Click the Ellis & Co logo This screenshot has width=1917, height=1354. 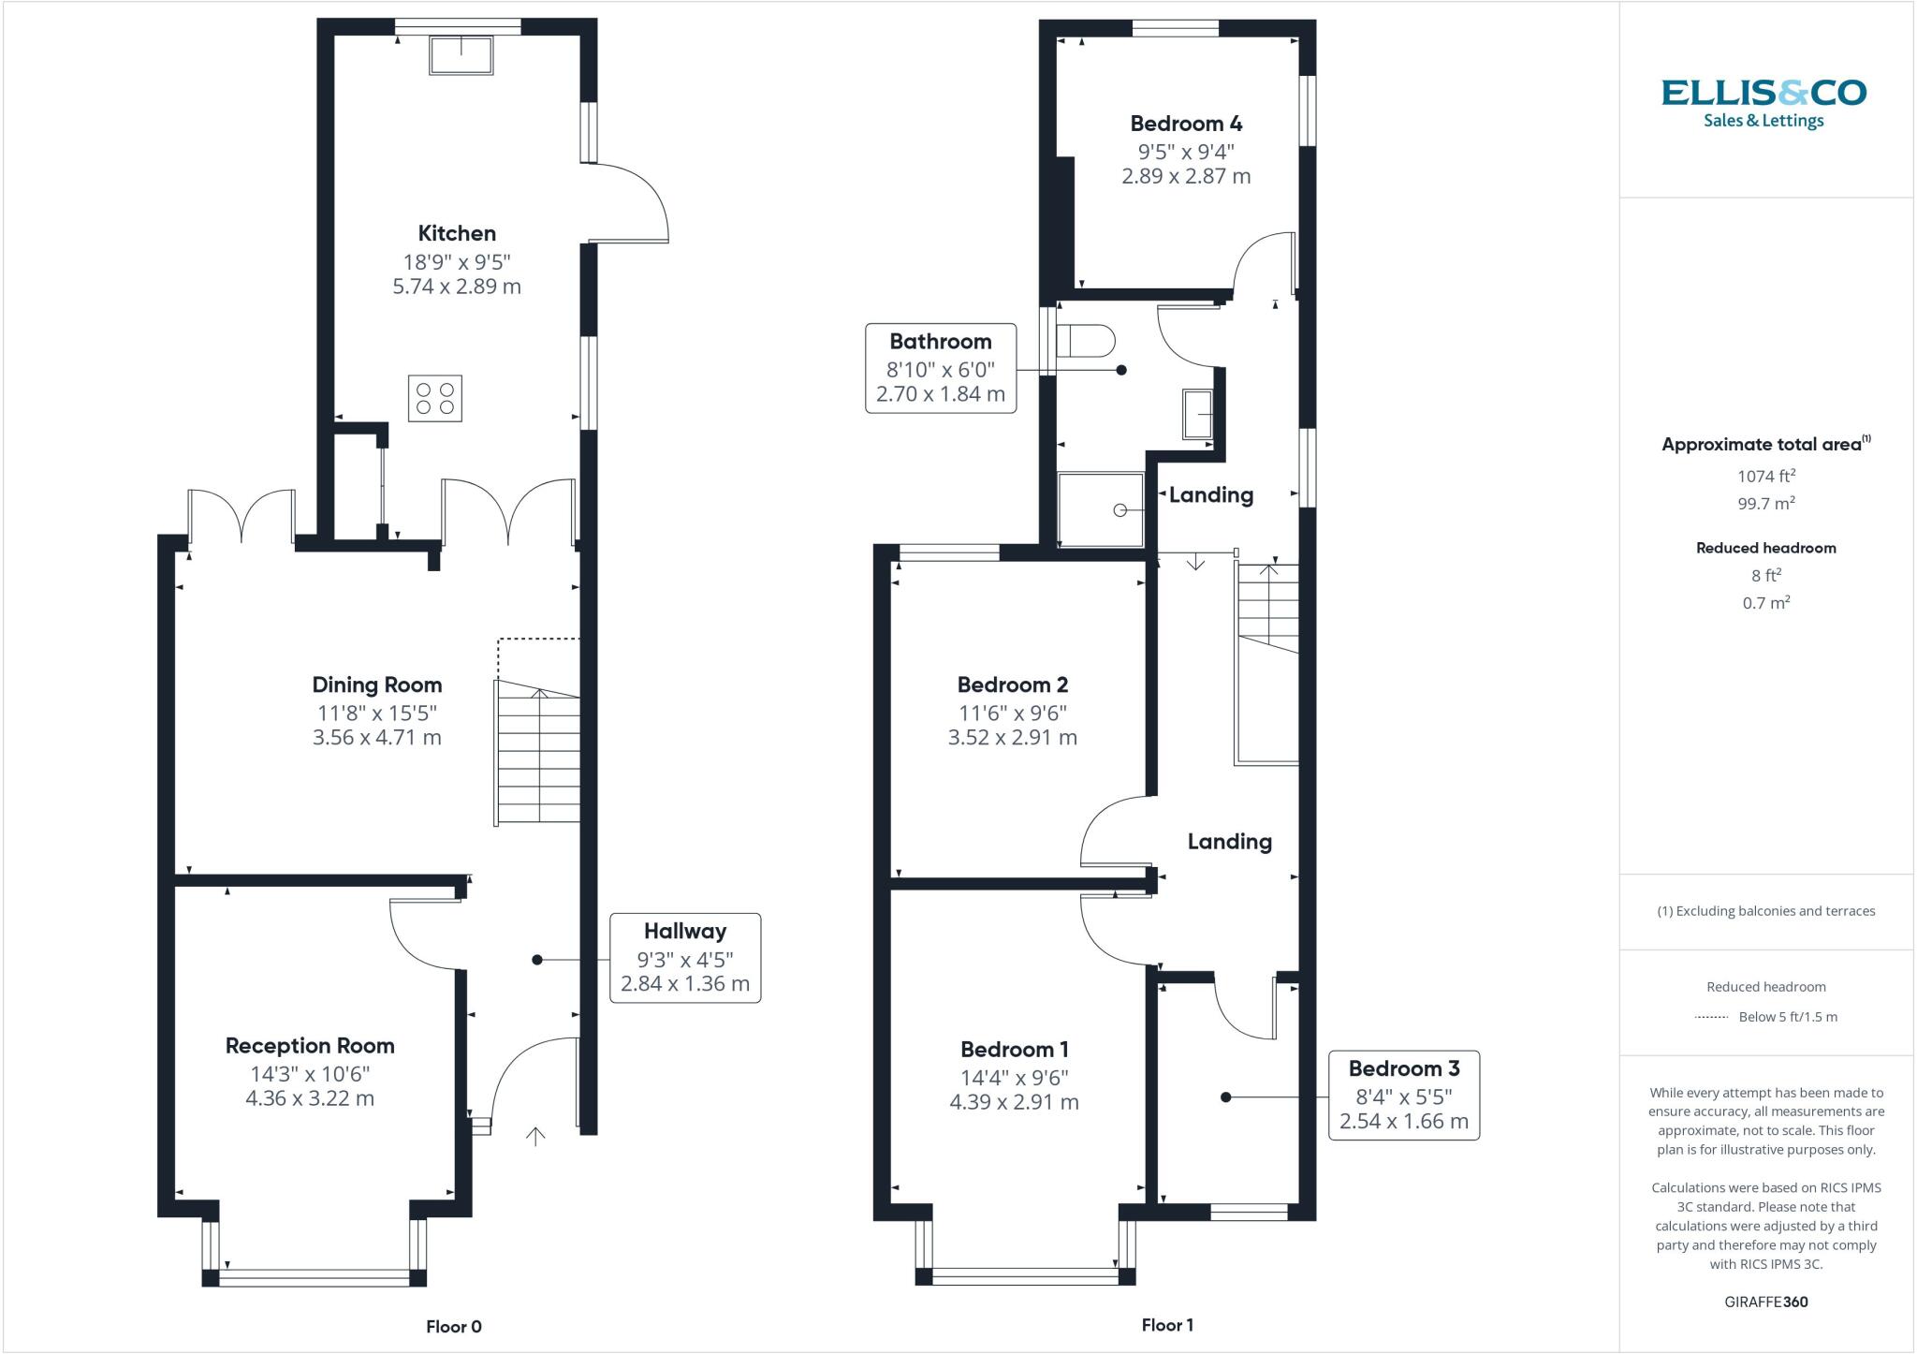click(x=1763, y=103)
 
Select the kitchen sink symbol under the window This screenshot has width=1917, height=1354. click(x=461, y=55)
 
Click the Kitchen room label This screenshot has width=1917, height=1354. click(x=457, y=233)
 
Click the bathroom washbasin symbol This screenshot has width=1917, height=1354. click(x=1198, y=414)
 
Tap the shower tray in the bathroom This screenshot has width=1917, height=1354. click(x=1101, y=509)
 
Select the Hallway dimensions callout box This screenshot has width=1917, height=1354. click(x=685, y=958)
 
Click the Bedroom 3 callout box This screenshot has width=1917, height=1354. click(x=1403, y=1095)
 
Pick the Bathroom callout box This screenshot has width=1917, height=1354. click(x=940, y=368)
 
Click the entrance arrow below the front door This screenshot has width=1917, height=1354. click(x=535, y=1137)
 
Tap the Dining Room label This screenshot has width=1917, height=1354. click(x=377, y=684)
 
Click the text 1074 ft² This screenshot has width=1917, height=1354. click(x=1766, y=477)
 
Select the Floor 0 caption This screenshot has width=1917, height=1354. click(x=454, y=1326)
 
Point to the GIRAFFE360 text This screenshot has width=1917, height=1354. click(x=1765, y=1302)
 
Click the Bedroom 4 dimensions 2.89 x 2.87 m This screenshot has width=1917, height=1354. click(x=1186, y=176)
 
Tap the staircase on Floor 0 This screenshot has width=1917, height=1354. click(x=537, y=754)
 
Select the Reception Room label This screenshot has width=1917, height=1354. click(x=310, y=1045)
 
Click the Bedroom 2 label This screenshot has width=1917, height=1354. click(x=1012, y=684)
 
